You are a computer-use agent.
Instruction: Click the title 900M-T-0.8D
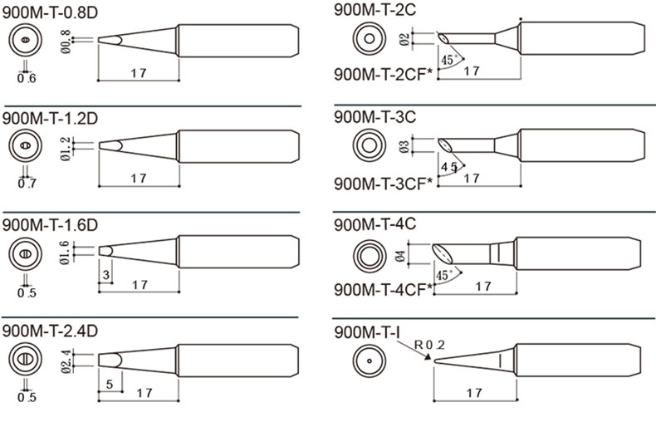pyautogui.click(x=50, y=12)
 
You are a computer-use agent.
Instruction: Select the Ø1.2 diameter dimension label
pyautogui.click(x=66, y=149)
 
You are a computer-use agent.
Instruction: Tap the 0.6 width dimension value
pyautogui.click(x=27, y=78)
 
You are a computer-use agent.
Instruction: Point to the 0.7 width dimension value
pyautogui.click(x=27, y=184)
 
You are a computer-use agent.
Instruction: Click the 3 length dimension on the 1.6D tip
pyautogui.click(x=106, y=275)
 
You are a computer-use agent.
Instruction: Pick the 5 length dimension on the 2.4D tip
pyautogui.click(x=110, y=384)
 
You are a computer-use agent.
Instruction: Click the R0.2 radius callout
pyautogui.click(x=429, y=345)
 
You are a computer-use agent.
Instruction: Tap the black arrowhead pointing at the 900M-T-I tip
pyautogui.click(x=428, y=357)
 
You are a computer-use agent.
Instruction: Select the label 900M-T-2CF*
pyautogui.click(x=383, y=75)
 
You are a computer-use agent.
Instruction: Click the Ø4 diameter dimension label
pyautogui.click(x=400, y=256)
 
